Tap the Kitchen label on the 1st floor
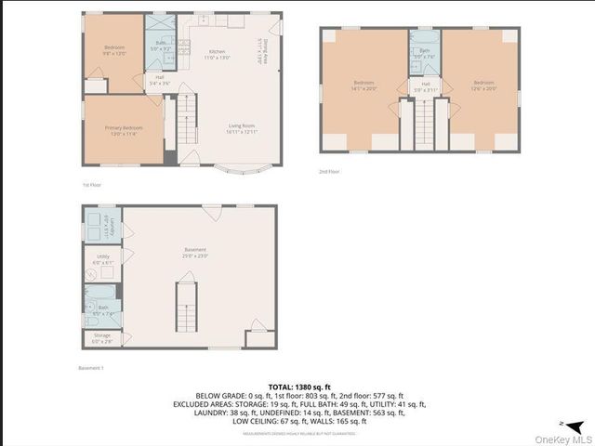pyautogui.click(x=217, y=54)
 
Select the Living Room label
pyautogui.click(x=242, y=128)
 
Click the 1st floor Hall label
pyautogui.click(x=158, y=80)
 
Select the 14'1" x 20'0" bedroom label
pyautogui.click(x=364, y=85)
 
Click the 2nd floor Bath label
pyautogui.click(x=425, y=53)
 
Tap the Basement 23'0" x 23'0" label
pyautogui.click(x=195, y=252)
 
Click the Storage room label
pyautogui.click(x=101, y=337)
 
